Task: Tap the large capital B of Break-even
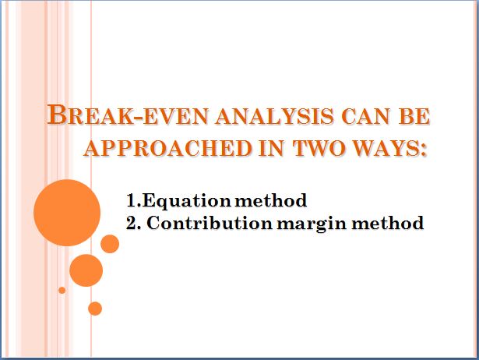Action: [57, 115]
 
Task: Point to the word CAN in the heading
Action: [365, 117]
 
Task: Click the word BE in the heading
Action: [414, 117]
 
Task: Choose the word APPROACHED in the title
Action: [167, 148]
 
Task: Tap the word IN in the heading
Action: [271, 148]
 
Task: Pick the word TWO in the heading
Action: [318, 148]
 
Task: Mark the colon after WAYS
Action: [422, 150]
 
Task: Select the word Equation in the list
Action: [186, 201]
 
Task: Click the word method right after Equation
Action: [271, 200]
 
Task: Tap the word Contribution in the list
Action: [210, 223]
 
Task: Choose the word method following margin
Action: [387, 223]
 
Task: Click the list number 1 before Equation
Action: [132, 200]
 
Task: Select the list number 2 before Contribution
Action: [132, 223]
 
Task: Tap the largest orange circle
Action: [67, 213]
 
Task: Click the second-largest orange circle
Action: [86, 270]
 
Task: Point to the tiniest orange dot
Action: [62, 290]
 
